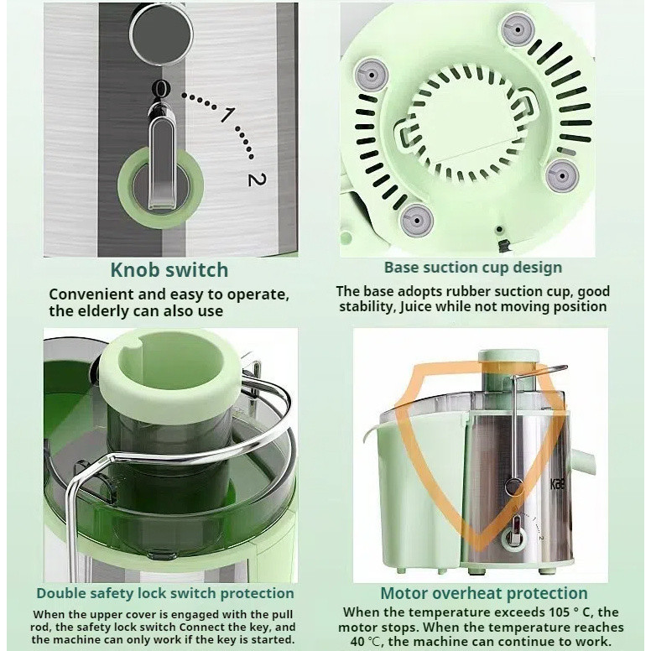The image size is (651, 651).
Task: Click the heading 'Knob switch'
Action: (169, 270)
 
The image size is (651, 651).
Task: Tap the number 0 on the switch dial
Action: (161, 88)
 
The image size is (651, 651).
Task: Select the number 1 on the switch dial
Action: (227, 114)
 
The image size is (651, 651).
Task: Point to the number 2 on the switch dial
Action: (257, 179)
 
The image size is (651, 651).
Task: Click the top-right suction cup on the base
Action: (518, 29)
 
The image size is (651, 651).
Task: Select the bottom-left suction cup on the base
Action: (416, 219)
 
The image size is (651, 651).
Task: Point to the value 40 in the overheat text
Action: (359, 641)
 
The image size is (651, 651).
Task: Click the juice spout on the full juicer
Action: (585, 461)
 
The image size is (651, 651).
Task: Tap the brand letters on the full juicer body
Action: (557, 484)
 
